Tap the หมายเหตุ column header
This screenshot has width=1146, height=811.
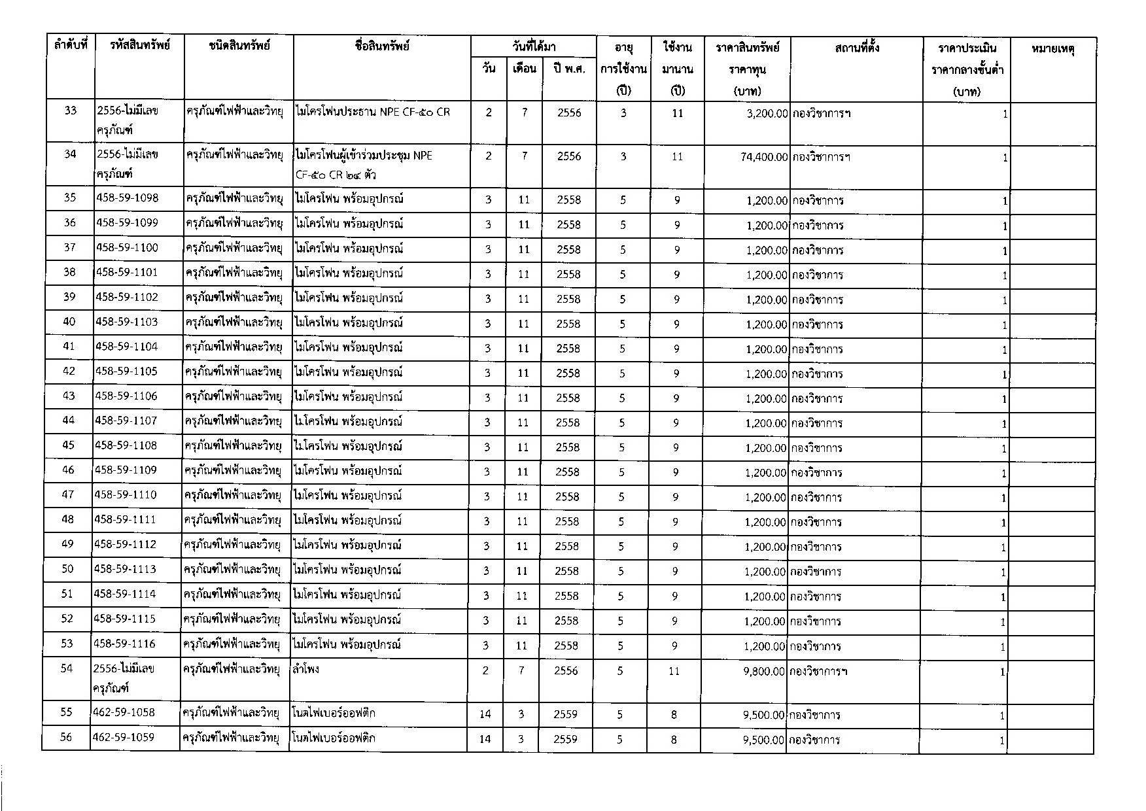(x=1053, y=48)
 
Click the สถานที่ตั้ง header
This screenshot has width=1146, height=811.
(x=857, y=47)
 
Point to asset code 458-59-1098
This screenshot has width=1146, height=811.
(x=127, y=198)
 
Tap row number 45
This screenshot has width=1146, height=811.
(x=68, y=445)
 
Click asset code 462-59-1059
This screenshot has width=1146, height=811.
(x=124, y=738)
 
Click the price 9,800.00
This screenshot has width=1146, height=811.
(x=763, y=671)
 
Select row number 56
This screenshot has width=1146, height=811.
(x=66, y=737)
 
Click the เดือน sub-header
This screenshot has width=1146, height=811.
(x=524, y=68)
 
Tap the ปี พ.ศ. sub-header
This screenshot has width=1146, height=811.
(x=568, y=69)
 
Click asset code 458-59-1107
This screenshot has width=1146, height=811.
(x=126, y=421)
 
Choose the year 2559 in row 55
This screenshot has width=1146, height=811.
(x=565, y=715)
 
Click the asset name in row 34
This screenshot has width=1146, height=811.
(x=364, y=165)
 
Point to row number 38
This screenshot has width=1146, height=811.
(x=69, y=272)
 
